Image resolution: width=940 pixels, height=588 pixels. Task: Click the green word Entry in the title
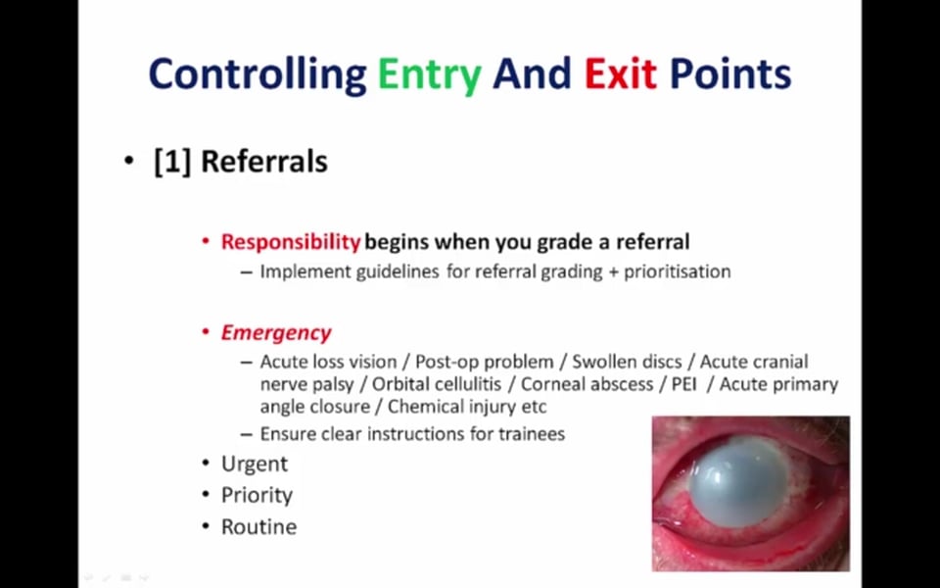(x=429, y=75)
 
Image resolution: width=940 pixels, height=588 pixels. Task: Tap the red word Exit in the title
(x=620, y=73)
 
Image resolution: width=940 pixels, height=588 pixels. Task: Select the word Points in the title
(x=730, y=73)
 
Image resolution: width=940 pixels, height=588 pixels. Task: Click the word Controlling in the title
(x=258, y=75)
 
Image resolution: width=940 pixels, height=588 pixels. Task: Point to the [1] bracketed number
(x=172, y=162)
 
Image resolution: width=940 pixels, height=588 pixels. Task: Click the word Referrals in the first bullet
(x=263, y=162)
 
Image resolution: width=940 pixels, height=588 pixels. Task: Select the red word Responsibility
(x=291, y=242)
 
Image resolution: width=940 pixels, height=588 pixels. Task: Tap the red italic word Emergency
(x=276, y=333)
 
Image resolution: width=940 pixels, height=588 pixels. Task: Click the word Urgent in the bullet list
(x=255, y=465)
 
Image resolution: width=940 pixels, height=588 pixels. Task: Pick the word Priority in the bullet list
(x=257, y=496)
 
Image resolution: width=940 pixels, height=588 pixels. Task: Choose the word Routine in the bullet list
(x=258, y=527)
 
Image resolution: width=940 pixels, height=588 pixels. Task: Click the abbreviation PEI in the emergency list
(x=684, y=384)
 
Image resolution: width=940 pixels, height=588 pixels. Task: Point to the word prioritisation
(x=678, y=271)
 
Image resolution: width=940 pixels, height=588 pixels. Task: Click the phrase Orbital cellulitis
(x=437, y=384)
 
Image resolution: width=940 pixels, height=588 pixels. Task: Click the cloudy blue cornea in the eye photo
(x=738, y=482)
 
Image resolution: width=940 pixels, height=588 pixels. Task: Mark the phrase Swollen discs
(x=627, y=362)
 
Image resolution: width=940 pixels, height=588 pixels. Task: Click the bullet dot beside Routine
(x=206, y=527)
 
